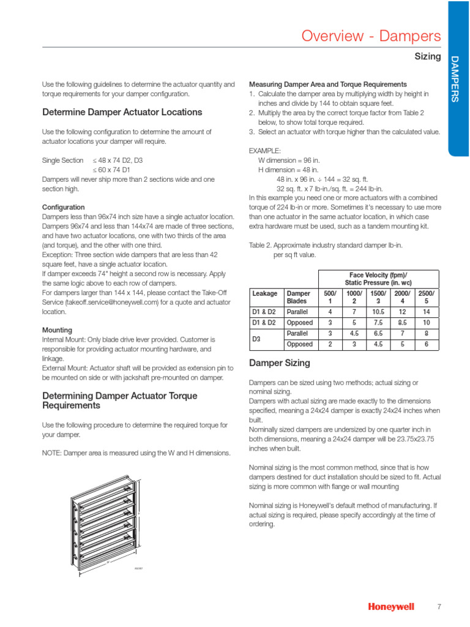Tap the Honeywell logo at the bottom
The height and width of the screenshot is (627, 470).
tap(390, 606)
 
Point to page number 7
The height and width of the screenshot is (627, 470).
tap(439, 606)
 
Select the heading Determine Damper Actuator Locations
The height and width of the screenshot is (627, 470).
tap(122, 112)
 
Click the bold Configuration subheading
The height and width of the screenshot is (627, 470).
tap(63, 208)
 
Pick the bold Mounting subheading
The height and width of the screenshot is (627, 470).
tap(57, 330)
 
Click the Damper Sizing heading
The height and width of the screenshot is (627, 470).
tap(279, 363)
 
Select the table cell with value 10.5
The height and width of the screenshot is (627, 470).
tap(378, 311)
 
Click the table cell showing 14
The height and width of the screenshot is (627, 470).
tap(427, 311)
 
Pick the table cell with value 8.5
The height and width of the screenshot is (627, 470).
tap(402, 323)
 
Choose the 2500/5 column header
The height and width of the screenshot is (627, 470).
tap(427, 298)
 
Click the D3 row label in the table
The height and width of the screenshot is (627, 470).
tap(257, 339)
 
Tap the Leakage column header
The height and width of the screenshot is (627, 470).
tap(265, 294)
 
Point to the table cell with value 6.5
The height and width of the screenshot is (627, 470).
tap(378, 334)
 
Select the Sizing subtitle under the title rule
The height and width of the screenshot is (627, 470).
tap(428, 56)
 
